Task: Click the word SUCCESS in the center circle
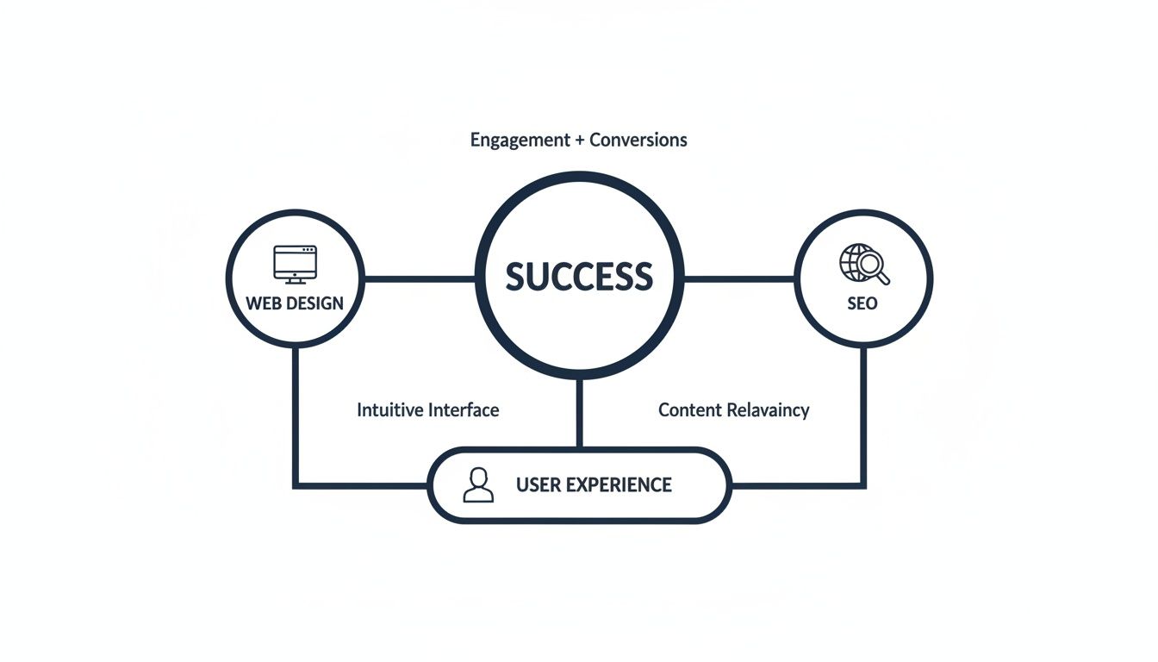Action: click(579, 277)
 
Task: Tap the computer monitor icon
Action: click(295, 263)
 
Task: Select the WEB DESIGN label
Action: click(295, 303)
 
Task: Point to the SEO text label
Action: click(862, 303)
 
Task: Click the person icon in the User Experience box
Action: click(478, 484)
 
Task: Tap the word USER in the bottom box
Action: click(535, 484)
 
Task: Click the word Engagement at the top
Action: click(520, 140)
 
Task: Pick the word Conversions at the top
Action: click(638, 140)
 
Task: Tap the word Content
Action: click(689, 409)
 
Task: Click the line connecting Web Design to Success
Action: click(420, 278)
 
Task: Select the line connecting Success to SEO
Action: click(738, 278)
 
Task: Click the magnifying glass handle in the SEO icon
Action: click(884, 278)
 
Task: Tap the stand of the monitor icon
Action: click(295, 279)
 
